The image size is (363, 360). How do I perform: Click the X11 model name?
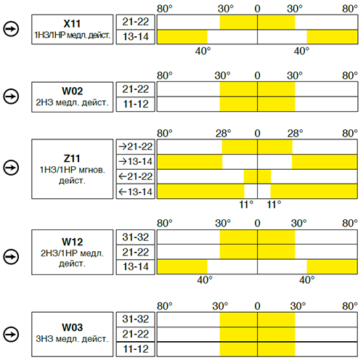point(72,24)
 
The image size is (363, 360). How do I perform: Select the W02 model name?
point(73,91)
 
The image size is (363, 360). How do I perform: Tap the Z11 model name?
point(72,158)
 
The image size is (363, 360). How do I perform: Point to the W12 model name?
point(73,242)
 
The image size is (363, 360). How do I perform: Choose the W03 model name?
point(73,327)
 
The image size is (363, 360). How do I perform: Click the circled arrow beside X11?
point(11,29)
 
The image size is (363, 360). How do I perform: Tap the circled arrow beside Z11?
point(11,168)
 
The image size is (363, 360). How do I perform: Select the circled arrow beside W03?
point(11,335)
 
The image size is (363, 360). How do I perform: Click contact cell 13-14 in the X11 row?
point(136,37)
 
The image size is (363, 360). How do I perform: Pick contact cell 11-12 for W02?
point(136,104)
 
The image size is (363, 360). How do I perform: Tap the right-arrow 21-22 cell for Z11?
point(136,147)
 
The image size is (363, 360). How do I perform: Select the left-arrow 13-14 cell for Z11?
point(136,192)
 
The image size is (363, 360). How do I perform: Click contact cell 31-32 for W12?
point(136,237)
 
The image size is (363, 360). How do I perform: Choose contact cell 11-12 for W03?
point(136,349)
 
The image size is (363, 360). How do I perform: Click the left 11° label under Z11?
point(246,205)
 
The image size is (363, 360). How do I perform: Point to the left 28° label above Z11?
point(224,134)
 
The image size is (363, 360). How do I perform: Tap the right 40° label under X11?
point(301,51)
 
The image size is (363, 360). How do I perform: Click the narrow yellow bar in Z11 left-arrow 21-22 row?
point(257,176)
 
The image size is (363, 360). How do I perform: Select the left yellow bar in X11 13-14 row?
point(182,37)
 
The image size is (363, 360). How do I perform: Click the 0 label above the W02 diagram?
point(258,75)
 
